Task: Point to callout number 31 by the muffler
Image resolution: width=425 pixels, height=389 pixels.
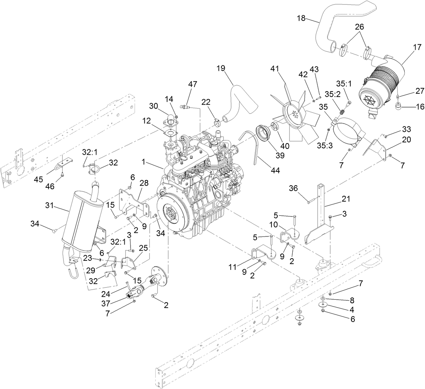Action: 50,206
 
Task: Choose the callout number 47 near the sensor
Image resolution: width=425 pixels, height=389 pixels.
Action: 192,84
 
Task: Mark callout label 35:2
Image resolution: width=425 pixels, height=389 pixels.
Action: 332,94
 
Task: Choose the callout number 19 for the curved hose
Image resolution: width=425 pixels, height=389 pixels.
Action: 221,68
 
